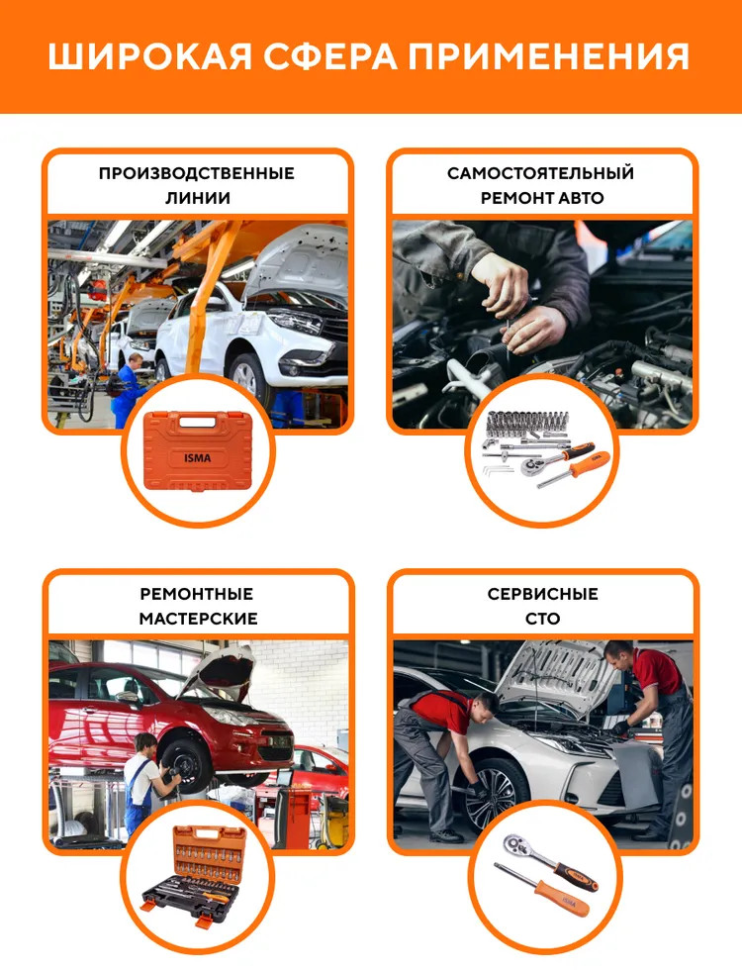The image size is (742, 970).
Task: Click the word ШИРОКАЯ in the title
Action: click(x=150, y=57)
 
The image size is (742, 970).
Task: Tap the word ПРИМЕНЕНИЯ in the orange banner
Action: click(x=548, y=57)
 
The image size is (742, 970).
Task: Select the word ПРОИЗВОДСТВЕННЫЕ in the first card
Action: click(x=197, y=173)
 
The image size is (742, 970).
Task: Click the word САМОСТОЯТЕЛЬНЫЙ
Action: click(x=541, y=172)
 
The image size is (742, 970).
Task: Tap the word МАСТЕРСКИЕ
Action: click(x=198, y=619)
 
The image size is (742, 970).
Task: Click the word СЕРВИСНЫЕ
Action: click(x=542, y=594)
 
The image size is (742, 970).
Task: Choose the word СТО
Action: click(x=542, y=619)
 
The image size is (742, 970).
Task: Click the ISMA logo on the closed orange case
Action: click(x=197, y=458)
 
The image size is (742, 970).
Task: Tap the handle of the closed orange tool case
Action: click(x=198, y=422)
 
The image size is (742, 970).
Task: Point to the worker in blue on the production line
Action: click(x=128, y=390)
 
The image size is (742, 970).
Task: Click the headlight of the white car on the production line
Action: click(x=296, y=322)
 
